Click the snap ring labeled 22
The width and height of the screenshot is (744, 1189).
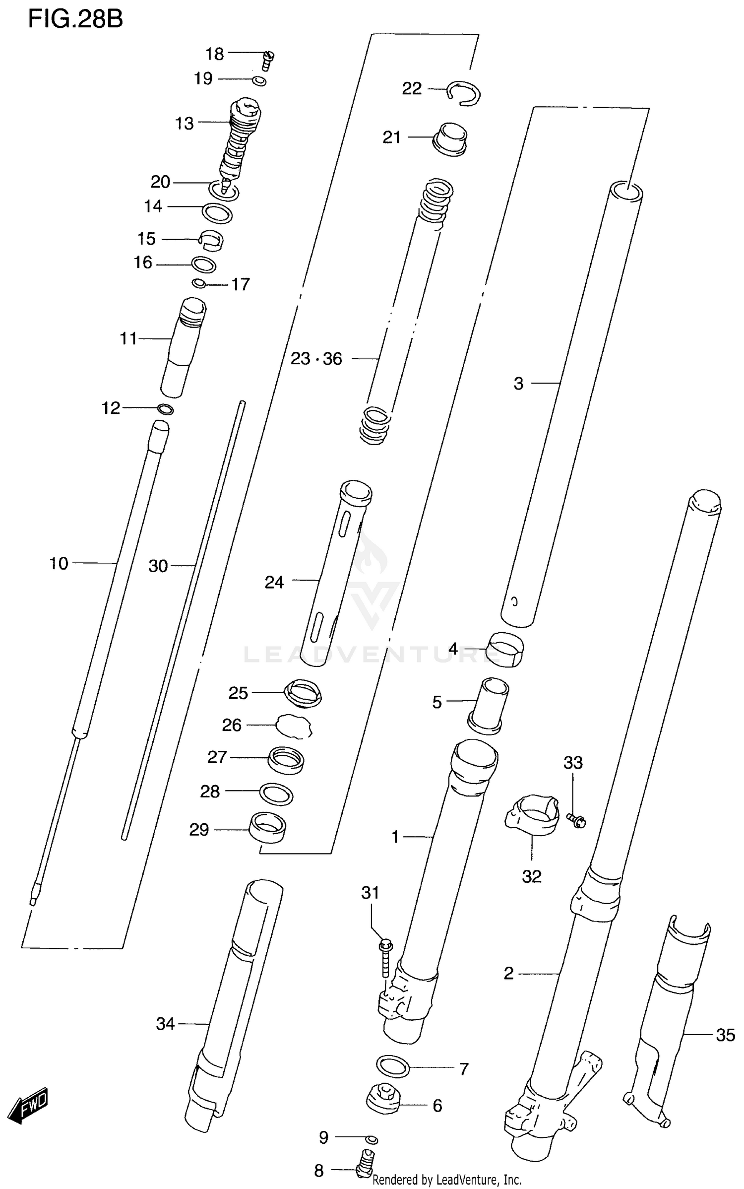coord(464,93)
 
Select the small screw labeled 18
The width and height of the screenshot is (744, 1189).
coord(268,61)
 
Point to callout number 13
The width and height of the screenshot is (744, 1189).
coord(184,123)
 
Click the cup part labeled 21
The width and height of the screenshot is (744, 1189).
coord(450,139)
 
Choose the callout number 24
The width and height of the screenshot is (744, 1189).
coord(274,582)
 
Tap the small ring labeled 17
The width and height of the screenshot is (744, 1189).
coord(199,283)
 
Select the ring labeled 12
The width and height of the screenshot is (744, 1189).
coord(165,409)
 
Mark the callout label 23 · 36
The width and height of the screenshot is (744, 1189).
coord(316,358)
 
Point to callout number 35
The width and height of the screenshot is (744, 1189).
coord(725,1035)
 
